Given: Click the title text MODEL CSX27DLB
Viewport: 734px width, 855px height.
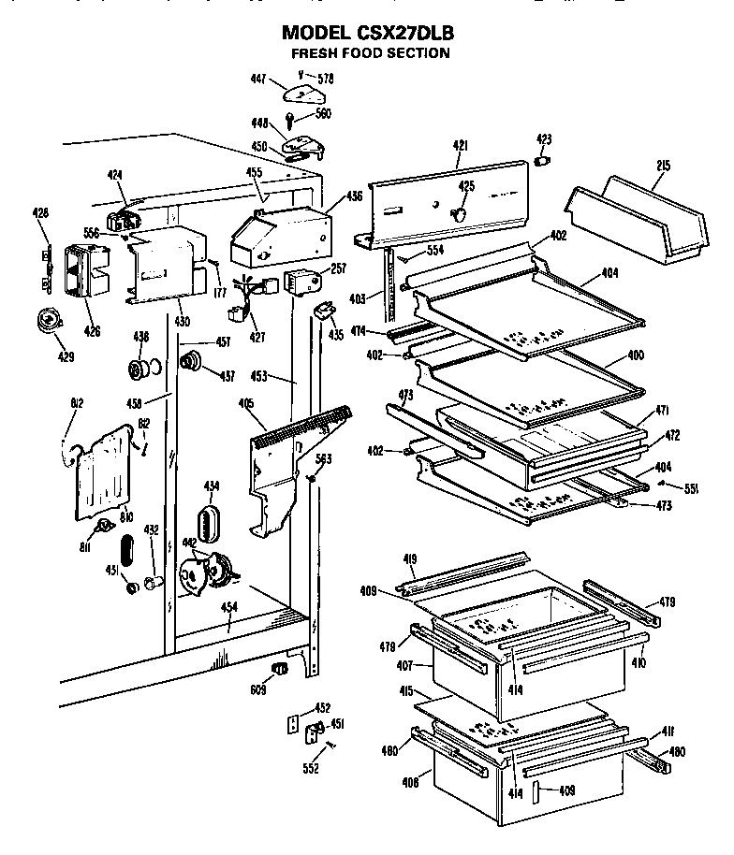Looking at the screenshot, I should tap(368, 33).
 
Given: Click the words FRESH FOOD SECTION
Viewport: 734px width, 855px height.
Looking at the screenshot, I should tap(369, 53).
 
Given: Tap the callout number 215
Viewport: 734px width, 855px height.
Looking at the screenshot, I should tap(663, 166).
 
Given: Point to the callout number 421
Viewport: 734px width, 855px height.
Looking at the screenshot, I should tap(460, 145).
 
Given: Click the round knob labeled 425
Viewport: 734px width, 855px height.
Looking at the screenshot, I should tap(459, 214).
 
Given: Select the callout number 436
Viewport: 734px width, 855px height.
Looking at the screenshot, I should tap(355, 196).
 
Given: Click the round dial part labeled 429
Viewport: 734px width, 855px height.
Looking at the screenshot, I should tap(44, 321).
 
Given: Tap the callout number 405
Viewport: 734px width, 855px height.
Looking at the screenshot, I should tap(246, 404).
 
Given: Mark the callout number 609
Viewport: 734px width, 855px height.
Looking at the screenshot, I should tap(258, 691).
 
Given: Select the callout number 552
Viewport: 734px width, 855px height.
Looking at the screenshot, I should tap(311, 769).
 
